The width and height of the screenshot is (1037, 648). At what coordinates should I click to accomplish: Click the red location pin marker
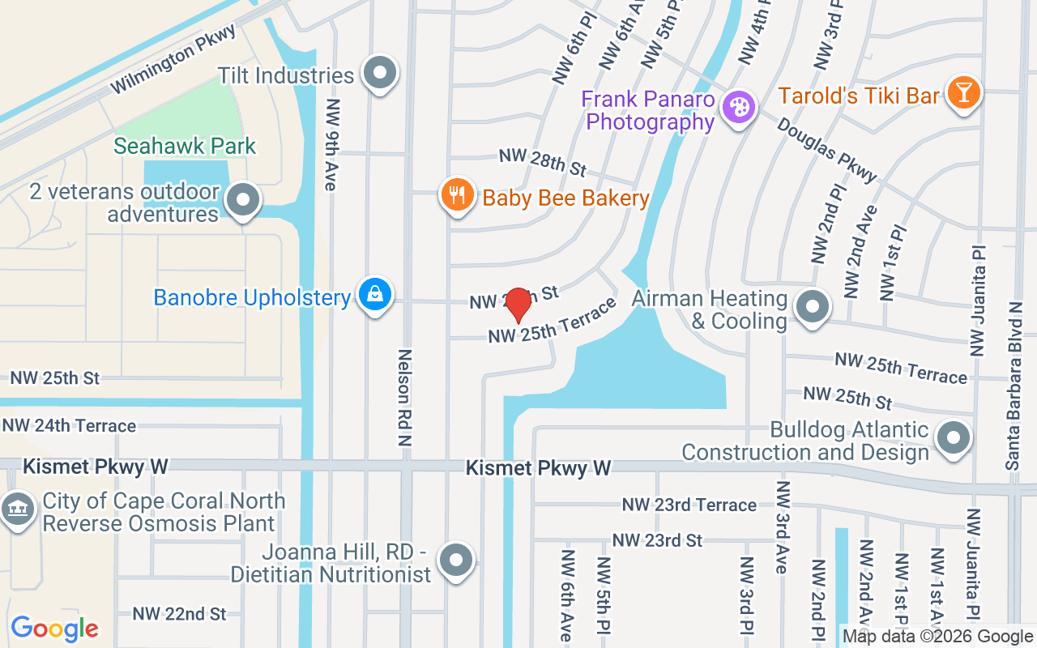[518, 305]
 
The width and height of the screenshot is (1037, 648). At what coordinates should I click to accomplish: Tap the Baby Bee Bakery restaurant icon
[458, 195]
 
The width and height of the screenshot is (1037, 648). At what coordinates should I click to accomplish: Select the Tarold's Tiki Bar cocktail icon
[963, 94]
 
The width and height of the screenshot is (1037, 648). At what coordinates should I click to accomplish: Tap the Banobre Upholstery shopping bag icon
[375, 296]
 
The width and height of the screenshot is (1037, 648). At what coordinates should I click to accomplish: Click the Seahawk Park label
[185, 146]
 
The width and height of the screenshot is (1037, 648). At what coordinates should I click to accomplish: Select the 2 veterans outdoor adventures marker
[242, 199]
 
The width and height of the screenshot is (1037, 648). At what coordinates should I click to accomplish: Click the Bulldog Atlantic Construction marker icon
[954, 438]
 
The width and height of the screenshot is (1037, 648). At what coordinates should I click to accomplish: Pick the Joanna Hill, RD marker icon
[455, 561]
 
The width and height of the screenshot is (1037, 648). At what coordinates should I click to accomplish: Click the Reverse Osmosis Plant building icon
[16, 509]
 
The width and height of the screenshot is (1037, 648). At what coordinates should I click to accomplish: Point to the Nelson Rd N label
[406, 397]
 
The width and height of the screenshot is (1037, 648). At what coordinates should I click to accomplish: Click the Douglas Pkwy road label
[827, 151]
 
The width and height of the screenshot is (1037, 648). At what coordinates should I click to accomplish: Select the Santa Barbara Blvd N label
[1014, 385]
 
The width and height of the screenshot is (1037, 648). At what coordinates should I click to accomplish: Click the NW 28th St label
[542, 162]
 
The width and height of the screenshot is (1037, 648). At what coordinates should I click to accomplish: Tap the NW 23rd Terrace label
[689, 505]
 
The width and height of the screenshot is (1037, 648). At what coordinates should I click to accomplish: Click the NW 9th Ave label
[330, 145]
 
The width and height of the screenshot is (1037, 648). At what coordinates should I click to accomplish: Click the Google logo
[54, 628]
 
